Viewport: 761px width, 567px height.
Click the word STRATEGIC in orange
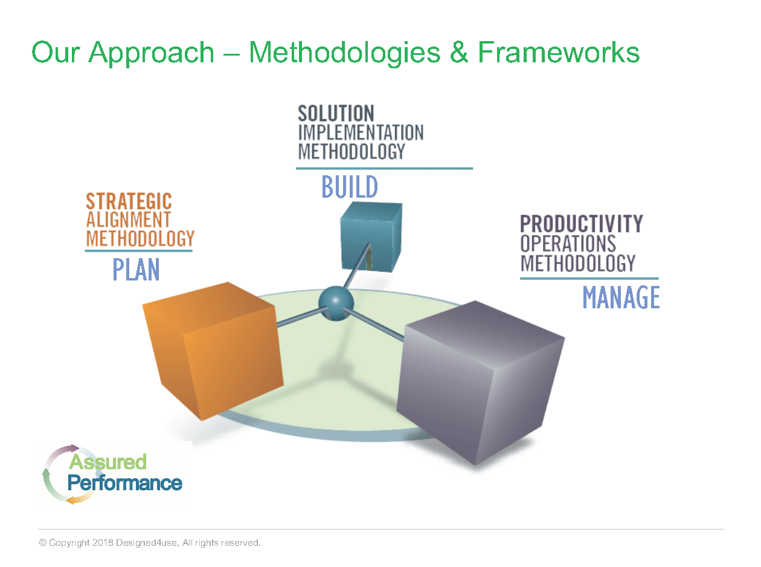(x=129, y=202)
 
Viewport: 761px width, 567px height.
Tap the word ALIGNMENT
(x=129, y=220)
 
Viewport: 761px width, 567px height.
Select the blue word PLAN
(x=136, y=270)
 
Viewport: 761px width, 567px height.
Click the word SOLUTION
(x=336, y=114)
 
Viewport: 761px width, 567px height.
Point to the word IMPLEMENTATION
(x=361, y=132)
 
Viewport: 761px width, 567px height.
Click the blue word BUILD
(x=350, y=187)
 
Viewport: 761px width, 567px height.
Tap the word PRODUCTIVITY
(x=582, y=224)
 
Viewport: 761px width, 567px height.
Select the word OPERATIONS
(x=568, y=244)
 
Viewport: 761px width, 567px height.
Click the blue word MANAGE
(x=621, y=298)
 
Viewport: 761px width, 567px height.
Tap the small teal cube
(x=370, y=237)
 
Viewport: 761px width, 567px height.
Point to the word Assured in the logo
(x=108, y=462)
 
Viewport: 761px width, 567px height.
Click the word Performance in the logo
(x=124, y=483)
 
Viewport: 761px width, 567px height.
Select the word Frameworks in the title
(x=559, y=53)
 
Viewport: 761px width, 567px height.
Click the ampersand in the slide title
(x=458, y=53)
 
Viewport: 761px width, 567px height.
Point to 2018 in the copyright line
(x=103, y=543)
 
